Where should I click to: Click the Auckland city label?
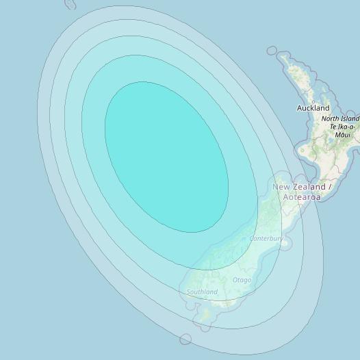click(x=313, y=108)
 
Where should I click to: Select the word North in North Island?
click(x=331, y=119)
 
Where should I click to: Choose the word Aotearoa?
click(x=302, y=197)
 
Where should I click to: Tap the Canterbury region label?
click(x=266, y=239)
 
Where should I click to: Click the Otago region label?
click(x=242, y=280)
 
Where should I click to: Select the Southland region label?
click(x=202, y=292)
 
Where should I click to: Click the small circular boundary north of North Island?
click(x=272, y=51)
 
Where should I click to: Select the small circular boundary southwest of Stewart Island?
click(x=185, y=339)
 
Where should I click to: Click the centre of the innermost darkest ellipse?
click(x=166, y=157)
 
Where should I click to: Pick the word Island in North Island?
click(x=350, y=119)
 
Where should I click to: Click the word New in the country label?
click(x=281, y=187)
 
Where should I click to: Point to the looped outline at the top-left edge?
click(x=70, y=4)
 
